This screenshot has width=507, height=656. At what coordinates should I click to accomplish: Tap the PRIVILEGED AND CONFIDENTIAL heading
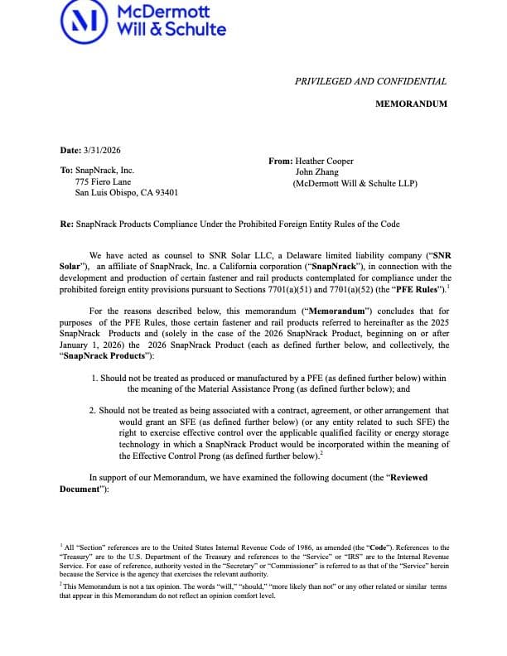[x=370, y=81]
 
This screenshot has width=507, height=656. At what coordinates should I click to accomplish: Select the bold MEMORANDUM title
[x=411, y=104]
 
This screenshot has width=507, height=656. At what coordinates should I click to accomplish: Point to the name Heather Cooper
[x=325, y=162]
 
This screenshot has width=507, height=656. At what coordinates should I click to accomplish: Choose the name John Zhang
[x=318, y=172]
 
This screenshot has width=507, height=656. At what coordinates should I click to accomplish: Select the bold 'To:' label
[x=66, y=171]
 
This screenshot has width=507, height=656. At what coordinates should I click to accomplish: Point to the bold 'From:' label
[x=280, y=162]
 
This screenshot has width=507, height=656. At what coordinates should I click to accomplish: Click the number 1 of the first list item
[x=94, y=378]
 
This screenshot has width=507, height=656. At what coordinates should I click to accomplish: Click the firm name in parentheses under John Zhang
[x=355, y=183]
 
